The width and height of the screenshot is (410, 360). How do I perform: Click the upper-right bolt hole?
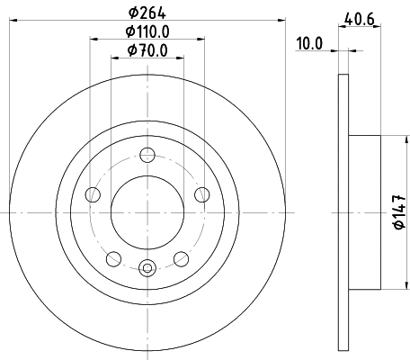point(201,194)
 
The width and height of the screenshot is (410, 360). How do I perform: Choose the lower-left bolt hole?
point(113,258)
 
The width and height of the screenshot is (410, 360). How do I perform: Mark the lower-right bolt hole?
point(181,258)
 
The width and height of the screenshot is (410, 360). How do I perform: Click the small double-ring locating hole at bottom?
point(147,266)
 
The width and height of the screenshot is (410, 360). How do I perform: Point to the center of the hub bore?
point(147,212)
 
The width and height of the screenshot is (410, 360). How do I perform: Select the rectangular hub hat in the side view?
point(365,212)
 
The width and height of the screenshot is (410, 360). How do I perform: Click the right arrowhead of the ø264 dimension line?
point(281,19)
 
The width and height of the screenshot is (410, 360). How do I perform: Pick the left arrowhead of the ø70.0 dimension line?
point(114,58)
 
